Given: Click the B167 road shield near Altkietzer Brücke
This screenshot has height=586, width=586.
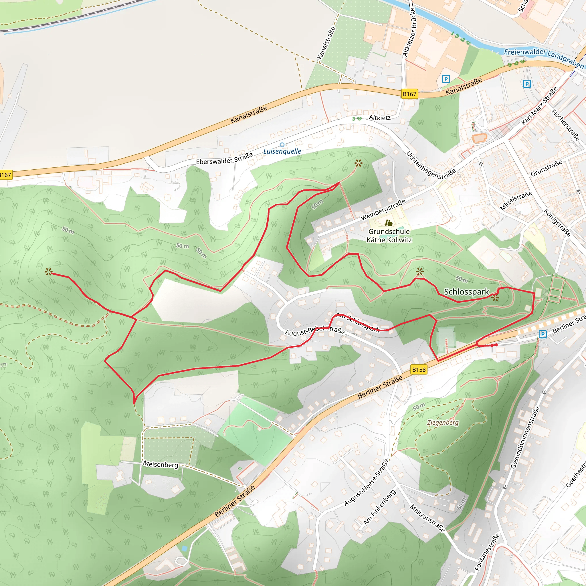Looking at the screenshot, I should click(x=409, y=94).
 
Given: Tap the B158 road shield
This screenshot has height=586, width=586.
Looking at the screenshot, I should click(x=419, y=369).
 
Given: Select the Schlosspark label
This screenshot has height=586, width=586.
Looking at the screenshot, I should click(x=466, y=292).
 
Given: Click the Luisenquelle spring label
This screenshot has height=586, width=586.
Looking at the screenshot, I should click(x=282, y=151).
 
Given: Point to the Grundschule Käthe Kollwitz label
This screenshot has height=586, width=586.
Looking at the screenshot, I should click(x=389, y=236).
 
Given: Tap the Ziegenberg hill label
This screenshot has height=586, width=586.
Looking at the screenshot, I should click(x=443, y=423).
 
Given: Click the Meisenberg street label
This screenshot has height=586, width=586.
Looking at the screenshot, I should click(x=161, y=464).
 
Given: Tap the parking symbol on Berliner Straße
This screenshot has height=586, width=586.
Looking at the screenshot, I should click(x=542, y=334).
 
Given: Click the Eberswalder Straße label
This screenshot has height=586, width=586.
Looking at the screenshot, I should click(x=224, y=159).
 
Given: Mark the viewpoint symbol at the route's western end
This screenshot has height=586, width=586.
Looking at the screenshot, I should click(x=49, y=272).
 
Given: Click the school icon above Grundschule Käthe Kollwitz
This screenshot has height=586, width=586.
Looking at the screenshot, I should click(x=389, y=223).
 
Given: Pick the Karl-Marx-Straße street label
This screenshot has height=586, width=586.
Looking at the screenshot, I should click(x=539, y=106).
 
